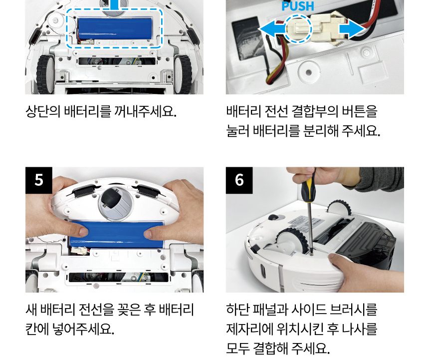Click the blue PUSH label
point(298,6)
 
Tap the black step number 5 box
point(39,180)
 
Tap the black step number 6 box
point(239,180)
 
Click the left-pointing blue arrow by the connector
point(271,29)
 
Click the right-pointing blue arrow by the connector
point(352,29)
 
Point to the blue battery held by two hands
point(117,234)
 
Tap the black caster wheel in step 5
point(112,202)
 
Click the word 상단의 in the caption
point(43,111)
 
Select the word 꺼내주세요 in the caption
point(145,111)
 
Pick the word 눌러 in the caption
point(237,131)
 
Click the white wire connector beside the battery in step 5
point(80,250)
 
